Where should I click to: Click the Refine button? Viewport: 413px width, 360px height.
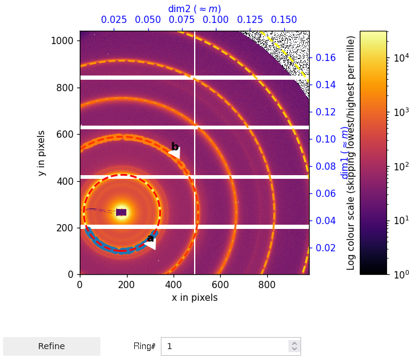tap(51, 346)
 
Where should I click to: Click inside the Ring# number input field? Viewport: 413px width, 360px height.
tap(224, 346)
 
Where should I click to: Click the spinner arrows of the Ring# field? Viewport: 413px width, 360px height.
tap(294, 346)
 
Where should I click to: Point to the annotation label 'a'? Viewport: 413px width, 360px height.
tap(150, 238)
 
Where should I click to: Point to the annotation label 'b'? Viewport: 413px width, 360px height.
tap(175, 147)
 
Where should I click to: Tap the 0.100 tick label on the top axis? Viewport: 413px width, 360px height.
tap(216, 20)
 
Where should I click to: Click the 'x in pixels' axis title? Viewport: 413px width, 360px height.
tap(194, 298)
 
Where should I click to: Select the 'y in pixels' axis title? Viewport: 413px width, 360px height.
tap(42, 153)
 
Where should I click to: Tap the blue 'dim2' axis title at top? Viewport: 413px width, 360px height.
tap(194, 8)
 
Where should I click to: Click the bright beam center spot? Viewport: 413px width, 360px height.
tap(122, 211)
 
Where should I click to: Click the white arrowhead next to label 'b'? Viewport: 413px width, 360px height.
tap(175, 153)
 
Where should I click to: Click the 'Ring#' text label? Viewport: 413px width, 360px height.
tap(145, 346)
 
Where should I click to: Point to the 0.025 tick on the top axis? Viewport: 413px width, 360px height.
tap(114, 20)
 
